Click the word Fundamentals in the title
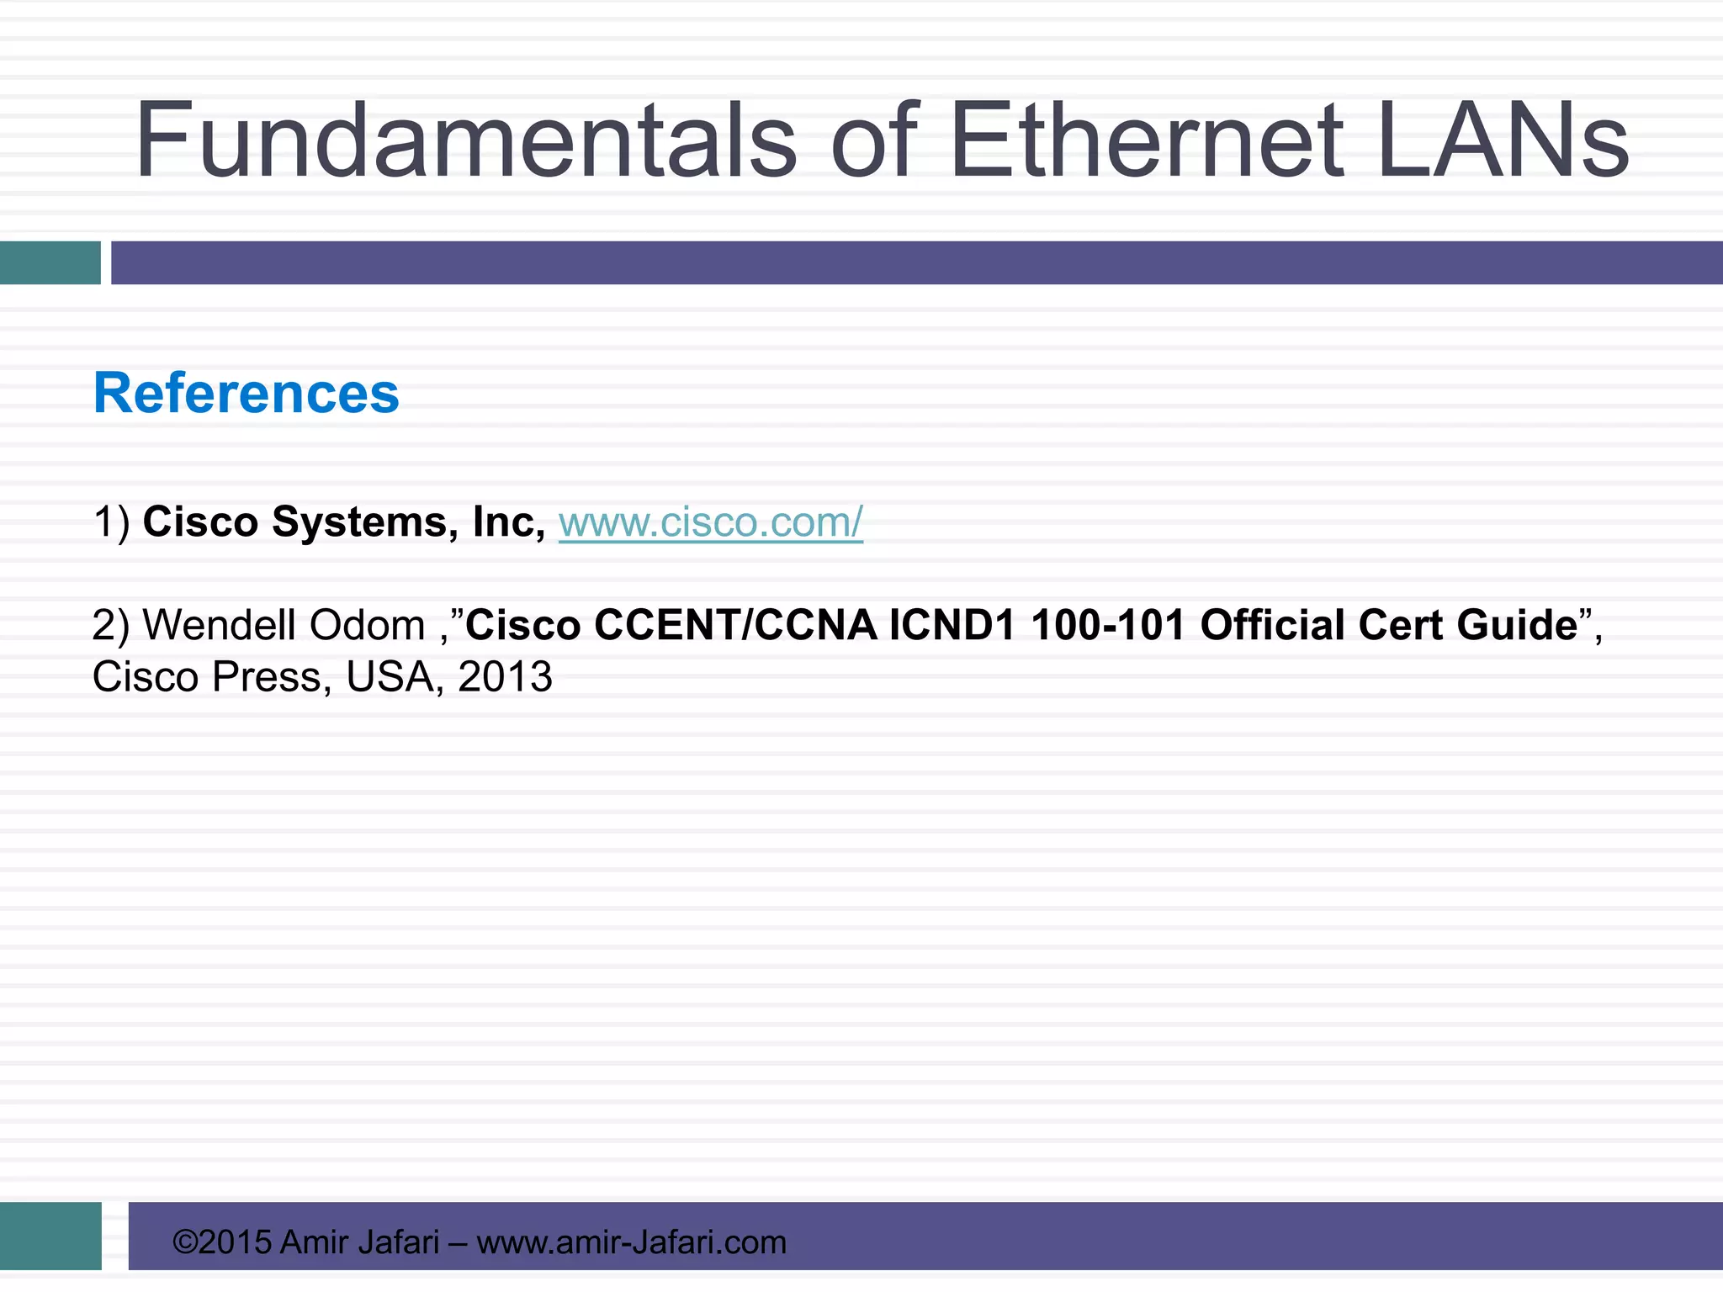click(x=465, y=140)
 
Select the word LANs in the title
click(x=1503, y=140)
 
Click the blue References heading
click(x=247, y=394)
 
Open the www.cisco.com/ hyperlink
click(x=711, y=522)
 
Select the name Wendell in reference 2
click(x=220, y=625)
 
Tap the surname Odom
click(x=368, y=625)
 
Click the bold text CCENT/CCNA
click(x=735, y=625)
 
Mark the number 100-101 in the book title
click(x=1108, y=625)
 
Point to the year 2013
click(x=505, y=677)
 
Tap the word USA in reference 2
click(x=390, y=677)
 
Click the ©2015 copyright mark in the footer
click(x=222, y=1242)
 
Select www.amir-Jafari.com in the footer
click(x=631, y=1242)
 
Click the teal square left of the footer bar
click(x=50, y=1236)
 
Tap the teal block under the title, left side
click(x=50, y=262)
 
